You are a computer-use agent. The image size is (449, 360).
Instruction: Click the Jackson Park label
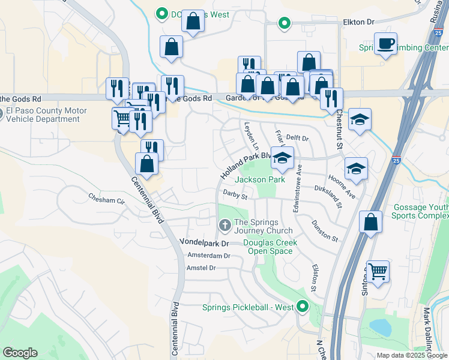260,179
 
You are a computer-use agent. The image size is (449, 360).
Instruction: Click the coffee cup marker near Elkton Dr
385,43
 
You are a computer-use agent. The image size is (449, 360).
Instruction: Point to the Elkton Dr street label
358,22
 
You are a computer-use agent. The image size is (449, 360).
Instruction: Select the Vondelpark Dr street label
205,243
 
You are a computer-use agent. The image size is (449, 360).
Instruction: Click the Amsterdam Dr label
209,255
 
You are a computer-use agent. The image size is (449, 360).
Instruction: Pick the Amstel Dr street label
201,268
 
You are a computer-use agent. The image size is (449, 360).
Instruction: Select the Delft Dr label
297,138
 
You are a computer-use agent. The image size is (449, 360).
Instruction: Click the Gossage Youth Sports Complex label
421,212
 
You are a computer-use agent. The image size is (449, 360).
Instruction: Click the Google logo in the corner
20,353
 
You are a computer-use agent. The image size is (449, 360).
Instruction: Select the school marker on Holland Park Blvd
282,158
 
